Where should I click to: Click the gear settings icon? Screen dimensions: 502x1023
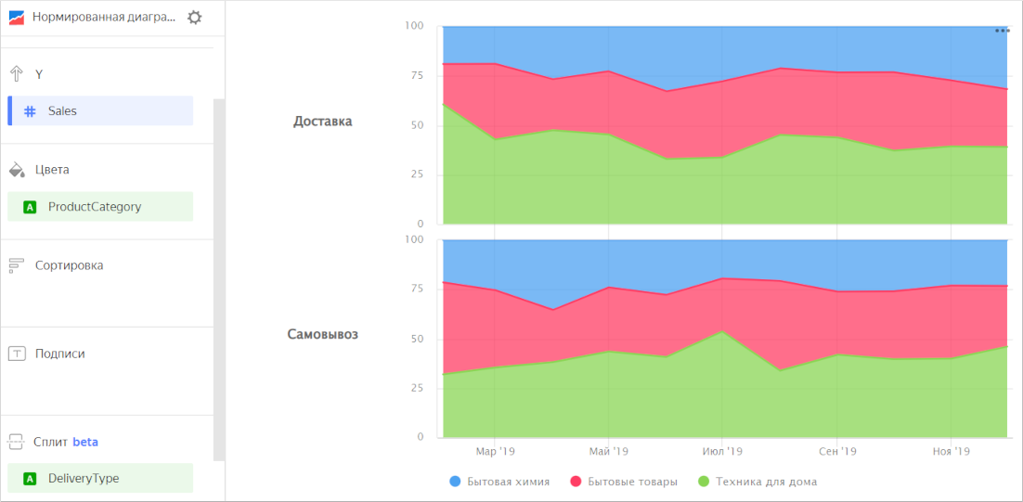coord(194,17)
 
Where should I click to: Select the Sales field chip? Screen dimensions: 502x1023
coord(100,110)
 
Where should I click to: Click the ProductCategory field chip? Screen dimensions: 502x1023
coord(100,207)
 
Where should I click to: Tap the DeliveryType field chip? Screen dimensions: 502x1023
coord(100,479)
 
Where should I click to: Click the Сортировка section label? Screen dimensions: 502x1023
coord(69,265)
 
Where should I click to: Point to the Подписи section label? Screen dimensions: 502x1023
coord(59,354)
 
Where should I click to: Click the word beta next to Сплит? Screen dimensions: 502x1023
coord(85,442)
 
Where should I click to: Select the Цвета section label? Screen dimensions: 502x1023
coord(52,170)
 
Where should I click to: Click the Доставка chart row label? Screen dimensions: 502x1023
coord(322,122)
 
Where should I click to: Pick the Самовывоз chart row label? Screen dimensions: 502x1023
coord(322,334)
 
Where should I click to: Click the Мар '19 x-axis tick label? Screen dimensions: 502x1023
coord(495,452)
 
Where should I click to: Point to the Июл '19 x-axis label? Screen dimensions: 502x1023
coord(722,452)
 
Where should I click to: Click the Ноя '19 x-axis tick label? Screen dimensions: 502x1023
coord(951,452)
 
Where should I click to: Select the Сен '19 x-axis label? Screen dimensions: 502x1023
coord(837,452)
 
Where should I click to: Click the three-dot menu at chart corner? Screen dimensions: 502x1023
coord(1003,31)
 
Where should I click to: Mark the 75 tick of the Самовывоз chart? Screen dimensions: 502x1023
coord(416,289)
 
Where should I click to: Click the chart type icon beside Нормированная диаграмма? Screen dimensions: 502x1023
coord(17,18)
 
